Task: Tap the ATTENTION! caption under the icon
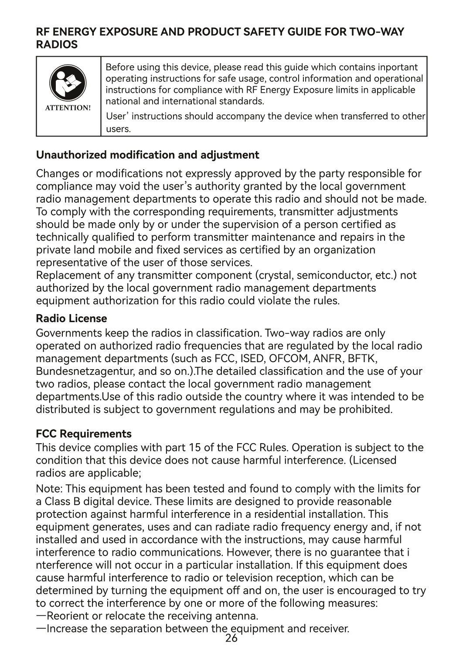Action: (x=68, y=108)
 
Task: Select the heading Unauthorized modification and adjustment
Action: (x=147, y=155)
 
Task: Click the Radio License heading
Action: (x=71, y=319)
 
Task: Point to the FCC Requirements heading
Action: (x=84, y=434)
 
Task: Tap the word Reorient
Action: (x=68, y=616)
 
